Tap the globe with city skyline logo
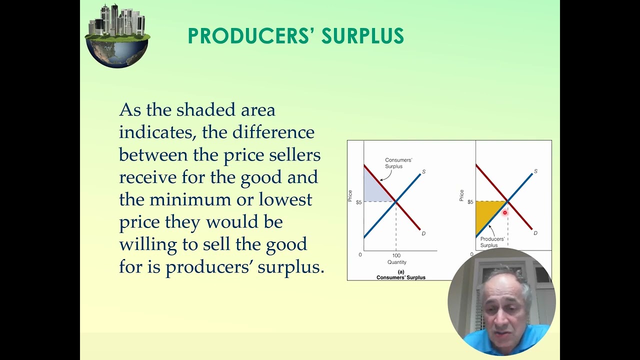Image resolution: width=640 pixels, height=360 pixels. pyautogui.click(x=117, y=36)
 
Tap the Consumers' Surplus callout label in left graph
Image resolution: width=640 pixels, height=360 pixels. pyautogui.click(x=398, y=163)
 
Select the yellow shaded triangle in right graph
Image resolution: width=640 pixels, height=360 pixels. pyautogui.click(x=487, y=213)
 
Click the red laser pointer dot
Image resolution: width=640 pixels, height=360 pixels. pyautogui.click(x=505, y=213)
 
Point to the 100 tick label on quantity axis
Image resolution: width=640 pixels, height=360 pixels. pyautogui.click(x=396, y=255)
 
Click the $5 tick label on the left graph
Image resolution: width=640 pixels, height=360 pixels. pyautogui.click(x=358, y=202)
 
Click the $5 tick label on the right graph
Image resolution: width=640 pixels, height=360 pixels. pyautogui.click(x=470, y=202)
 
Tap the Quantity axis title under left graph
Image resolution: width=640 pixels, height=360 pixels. pyautogui.click(x=396, y=262)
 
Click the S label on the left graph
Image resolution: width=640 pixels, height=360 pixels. pyautogui.click(x=423, y=172)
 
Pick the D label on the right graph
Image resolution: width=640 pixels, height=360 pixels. pyautogui.click(x=535, y=233)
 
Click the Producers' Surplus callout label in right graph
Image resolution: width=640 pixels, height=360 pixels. pyautogui.click(x=492, y=242)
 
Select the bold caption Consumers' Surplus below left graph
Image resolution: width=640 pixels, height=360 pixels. pyautogui.click(x=400, y=277)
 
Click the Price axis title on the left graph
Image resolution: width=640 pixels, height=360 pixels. pyautogui.click(x=350, y=195)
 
